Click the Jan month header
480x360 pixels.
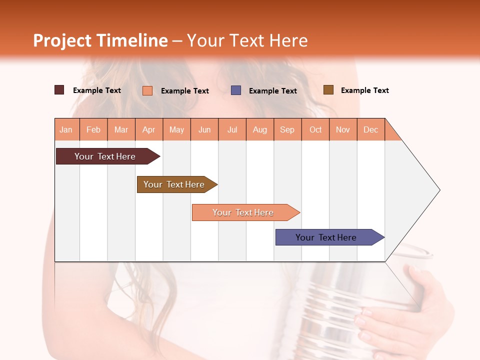(66, 129)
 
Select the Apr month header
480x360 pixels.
(149, 129)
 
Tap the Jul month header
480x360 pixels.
(232, 129)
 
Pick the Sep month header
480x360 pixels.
(287, 129)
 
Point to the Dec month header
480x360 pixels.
(370, 129)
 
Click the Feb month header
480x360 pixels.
(93, 129)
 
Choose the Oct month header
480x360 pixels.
(315, 129)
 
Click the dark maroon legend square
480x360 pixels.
(59, 90)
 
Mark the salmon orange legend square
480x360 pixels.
(147, 90)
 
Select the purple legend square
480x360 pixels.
(236, 90)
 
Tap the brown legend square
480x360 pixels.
(328, 90)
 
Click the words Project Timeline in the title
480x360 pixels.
(100, 40)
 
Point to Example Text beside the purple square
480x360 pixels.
(272, 91)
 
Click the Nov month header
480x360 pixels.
(342, 129)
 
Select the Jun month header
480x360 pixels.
(204, 129)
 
